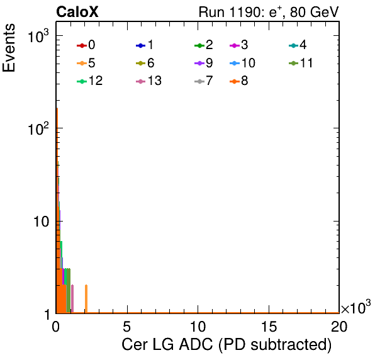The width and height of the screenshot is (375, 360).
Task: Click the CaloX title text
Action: pos(77,12)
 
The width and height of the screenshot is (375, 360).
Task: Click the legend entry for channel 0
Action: pos(86,45)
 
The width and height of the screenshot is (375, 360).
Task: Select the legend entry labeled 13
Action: pos(148,81)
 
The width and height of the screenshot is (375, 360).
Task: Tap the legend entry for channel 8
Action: pos(239,81)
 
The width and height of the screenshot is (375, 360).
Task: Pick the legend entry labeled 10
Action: pos(242,63)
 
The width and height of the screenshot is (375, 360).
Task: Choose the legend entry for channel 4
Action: pos(298,45)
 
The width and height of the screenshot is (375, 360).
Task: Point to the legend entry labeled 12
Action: pos(90,81)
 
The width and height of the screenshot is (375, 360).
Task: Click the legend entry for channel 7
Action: pos(204,81)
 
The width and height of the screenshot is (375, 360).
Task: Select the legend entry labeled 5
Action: pos(86,63)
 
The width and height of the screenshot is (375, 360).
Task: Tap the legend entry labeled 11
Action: pos(301,63)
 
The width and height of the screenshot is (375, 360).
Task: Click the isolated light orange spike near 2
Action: pos(86,299)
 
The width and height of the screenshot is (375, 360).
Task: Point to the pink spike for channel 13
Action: pos(72,299)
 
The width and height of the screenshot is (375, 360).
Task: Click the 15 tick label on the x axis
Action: pos(269,327)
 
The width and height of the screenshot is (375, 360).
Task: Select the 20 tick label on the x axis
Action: pos(339,327)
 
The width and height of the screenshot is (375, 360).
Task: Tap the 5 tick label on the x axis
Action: pos(127,327)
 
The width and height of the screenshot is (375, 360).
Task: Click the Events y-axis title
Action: pos(9,48)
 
